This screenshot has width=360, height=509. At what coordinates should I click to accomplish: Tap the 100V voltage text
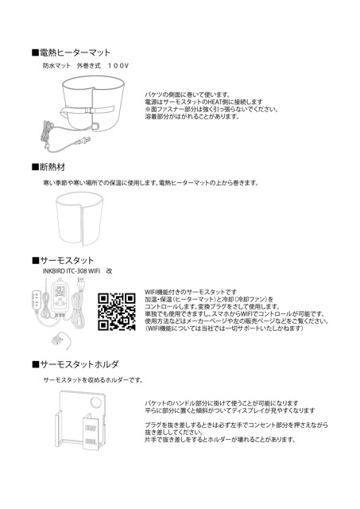click(x=118, y=66)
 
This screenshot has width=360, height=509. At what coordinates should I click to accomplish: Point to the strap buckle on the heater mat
click(x=87, y=110)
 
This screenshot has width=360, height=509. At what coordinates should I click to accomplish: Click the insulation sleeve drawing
click(x=79, y=219)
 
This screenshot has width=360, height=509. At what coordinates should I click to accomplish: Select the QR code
click(x=117, y=312)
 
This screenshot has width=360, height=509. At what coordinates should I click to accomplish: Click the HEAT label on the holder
click(x=91, y=428)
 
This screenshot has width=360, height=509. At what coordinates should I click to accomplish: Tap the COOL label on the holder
click(x=91, y=442)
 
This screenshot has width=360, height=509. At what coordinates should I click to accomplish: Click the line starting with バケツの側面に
click(x=188, y=95)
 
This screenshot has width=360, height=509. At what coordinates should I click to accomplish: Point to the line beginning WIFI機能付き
click(x=191, y=292)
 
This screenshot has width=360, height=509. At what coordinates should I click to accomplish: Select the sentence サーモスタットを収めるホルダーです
click(x=93, y=380)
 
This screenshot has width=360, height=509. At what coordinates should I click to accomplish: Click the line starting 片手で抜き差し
click(x=220, y=440)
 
